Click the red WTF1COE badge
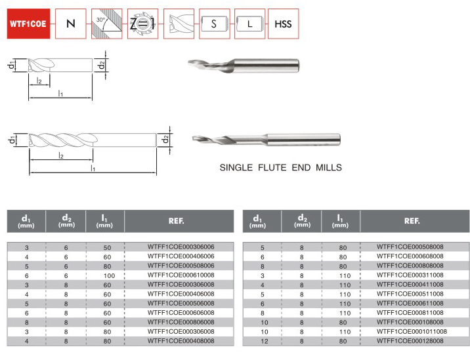pyautogui.click(x=28, y=24)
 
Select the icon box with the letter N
pyautogui.click(x=71, y=24)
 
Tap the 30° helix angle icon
pyautogui.click(x=107, y=24)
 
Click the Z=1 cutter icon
pyautogui.click(x=142, y=24)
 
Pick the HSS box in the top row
pyautogui.click(x=284, y=24)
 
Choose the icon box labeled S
pyautogui.click(x=214, y=24)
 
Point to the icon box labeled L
pyautogui.click(x=249, y=24)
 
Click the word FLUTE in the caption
pyautogui.click(x=272, y=167)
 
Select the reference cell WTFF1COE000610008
pyautogui.click(x=181, y=275)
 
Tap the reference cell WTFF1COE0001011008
pyautogui.click(x=412, y=332)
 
